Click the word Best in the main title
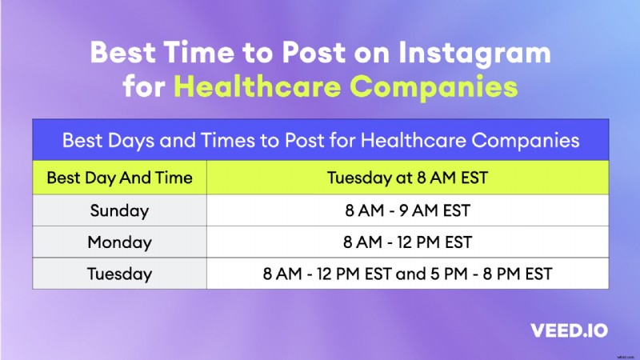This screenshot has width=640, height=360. pyautogui.click(x=125, y=53)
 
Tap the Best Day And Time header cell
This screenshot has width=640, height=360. pyautogui.click(x=119, y=178)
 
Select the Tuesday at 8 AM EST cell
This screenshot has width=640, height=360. pyautogui.click(x=406, y=178)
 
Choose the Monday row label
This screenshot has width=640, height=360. pyautogui.click(x=119, y=242)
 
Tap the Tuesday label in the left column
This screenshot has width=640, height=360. pyautogui.click(x=119, y=274)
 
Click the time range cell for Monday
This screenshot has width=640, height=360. pyautogui.click(x=406, y=242)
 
